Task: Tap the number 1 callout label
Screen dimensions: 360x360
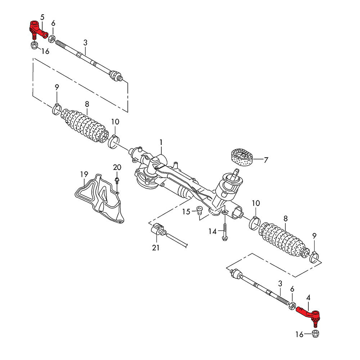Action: pyautogui.click(x=161, y=143)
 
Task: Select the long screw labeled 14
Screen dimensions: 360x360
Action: pyautogui.click(x=225, y=230)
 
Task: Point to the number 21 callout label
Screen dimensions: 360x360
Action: pyautogui.click(x=156, y=248)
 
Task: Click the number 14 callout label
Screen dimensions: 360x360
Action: pyautogui.click(x=213, y=231)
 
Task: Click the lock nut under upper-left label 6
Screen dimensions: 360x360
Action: pyautogui.click(x=51, y=38)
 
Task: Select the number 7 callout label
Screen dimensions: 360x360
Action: pyautogui.click(x=266, y=160)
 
